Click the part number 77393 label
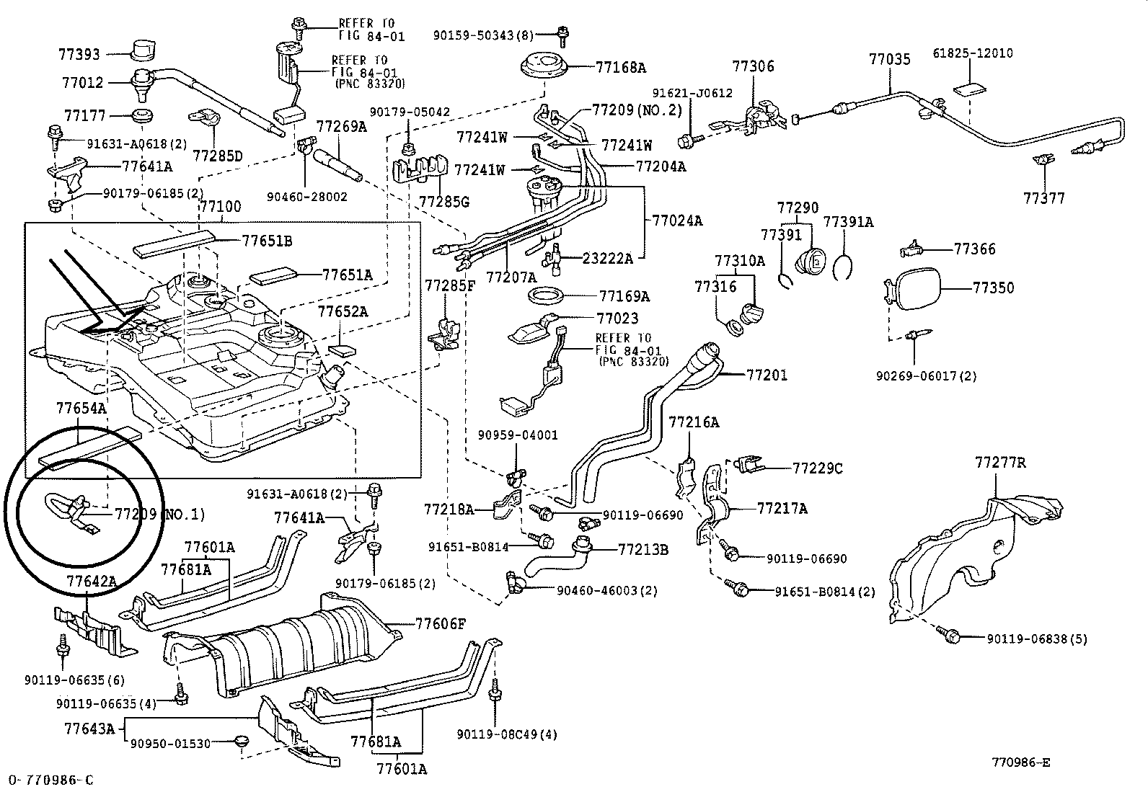(x=80, y=54)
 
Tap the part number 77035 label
(x=890, y=60)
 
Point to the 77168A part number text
(x=621, y=68)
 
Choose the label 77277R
(x=1000, y=462)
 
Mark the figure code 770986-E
(x=1021, y=762)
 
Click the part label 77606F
(x=441, y=624)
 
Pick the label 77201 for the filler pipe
(x=767, y=375)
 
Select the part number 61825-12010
(x=973, y=53)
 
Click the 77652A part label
(x=343, y=311)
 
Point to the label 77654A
(x=81, y=409)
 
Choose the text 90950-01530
(x=172, y=742)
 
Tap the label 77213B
(x=643, y=549)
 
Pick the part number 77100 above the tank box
(x=220, y=207)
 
